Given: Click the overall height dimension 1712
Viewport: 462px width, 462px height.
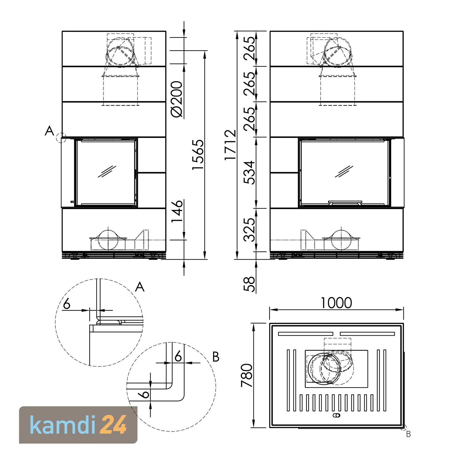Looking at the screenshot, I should tap(230, 145).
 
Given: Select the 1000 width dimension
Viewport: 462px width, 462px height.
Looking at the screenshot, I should tap(336, 303).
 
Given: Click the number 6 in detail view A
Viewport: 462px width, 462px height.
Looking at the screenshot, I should tap(67, 304).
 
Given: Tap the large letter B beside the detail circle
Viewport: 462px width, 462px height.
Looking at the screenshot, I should tap(216, 357).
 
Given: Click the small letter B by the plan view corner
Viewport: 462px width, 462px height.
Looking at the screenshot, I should tap(408, 434).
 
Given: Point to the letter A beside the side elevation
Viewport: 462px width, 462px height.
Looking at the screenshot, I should tap(49, 132).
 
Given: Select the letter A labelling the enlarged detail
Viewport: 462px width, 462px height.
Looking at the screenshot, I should tap(140, 287).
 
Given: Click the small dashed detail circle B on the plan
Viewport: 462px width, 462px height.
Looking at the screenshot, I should tap(403, 427).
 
